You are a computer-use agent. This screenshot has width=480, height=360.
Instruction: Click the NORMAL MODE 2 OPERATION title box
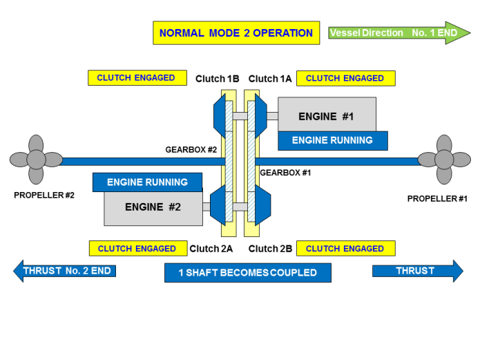tap(236, 33)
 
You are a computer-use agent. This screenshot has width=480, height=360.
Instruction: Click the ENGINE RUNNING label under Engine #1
tap(332, 140)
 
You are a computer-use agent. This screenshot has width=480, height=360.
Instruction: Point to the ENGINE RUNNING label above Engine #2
tap(147, 182)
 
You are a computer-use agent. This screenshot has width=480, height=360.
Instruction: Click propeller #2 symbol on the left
tap(35, 161)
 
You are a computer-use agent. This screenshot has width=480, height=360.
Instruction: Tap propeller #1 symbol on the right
tap(443, 161)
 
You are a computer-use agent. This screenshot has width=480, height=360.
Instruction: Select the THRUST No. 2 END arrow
tap(66, 271)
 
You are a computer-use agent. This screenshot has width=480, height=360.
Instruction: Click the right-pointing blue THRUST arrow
tap(417, 271)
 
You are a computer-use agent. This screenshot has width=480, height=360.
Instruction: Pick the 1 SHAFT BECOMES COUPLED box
tap(247, 273)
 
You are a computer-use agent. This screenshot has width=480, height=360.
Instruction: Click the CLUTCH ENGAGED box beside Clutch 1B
tap(136, 78)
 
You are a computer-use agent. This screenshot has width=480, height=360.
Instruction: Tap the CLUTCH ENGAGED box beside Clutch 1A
tap(345, 78)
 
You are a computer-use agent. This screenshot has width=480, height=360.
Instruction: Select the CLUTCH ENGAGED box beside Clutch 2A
tap(137, 249)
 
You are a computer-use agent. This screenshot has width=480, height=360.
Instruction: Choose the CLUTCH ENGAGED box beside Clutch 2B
tap(345, 249)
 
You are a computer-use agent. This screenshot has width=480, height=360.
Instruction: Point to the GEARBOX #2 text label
tap(191, 149)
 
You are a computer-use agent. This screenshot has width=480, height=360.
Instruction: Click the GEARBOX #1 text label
tap(285, 172)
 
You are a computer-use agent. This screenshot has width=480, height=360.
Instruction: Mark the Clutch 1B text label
tap(217, 79)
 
